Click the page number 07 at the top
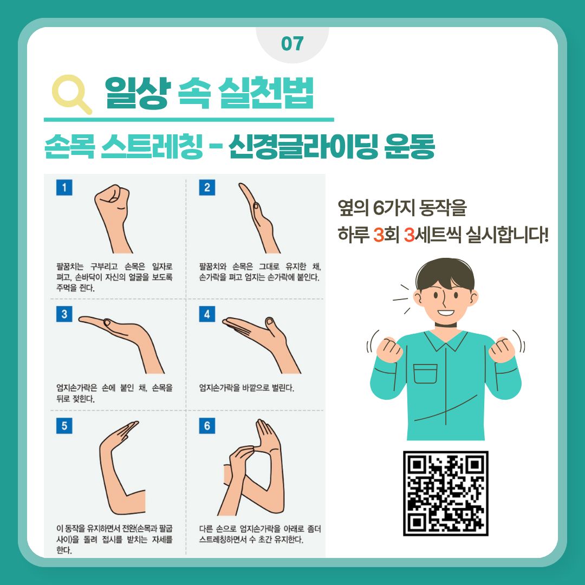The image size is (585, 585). (292, 44)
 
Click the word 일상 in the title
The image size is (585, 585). (137, 93)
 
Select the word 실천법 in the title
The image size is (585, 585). (265, 93)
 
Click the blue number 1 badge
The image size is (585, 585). (64, 187)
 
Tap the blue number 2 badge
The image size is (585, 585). (207, 187)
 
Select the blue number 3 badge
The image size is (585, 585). (64, 314)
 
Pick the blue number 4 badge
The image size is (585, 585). (207, 314)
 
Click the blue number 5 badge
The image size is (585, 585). (64, 426)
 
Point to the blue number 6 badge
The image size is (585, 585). (207, 426)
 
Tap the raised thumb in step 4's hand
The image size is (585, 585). (270, 324)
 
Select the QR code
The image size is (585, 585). (445, 493)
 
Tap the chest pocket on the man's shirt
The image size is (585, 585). (425, 373)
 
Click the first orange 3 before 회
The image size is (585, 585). (379, 235)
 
